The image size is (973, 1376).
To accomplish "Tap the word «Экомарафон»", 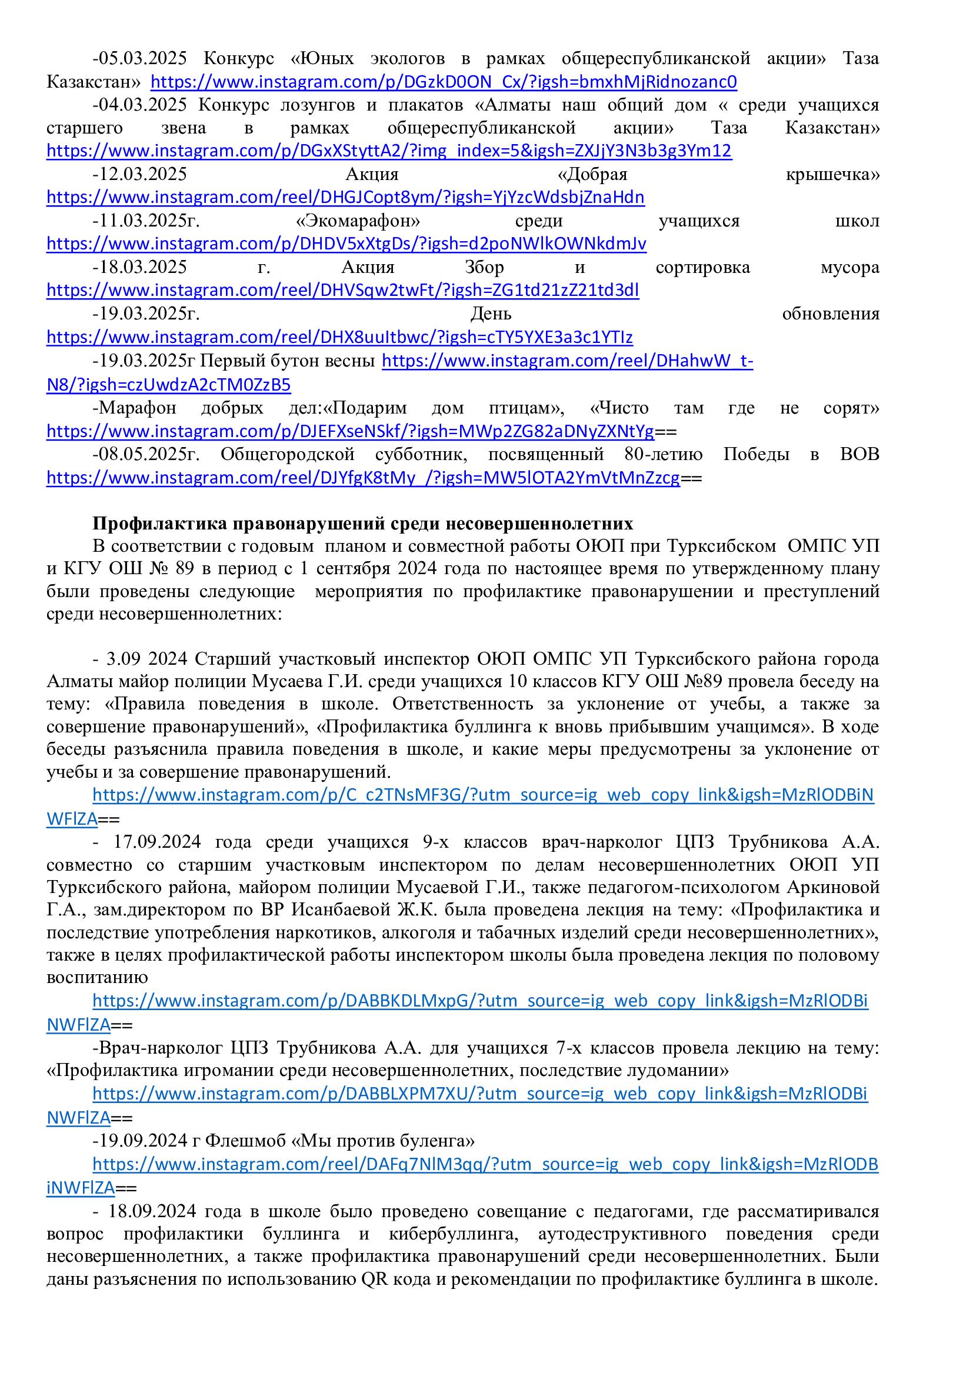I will point(358,221).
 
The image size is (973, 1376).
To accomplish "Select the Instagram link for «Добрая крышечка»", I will point(345,197).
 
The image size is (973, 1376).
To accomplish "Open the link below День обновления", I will point(339,338).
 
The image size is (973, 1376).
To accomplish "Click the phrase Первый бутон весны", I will point(288,361).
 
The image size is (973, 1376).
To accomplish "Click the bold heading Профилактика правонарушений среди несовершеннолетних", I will point(362,524).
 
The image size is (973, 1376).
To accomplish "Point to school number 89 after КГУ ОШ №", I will point(185,569).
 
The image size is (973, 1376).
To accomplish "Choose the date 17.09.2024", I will point(157,841).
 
